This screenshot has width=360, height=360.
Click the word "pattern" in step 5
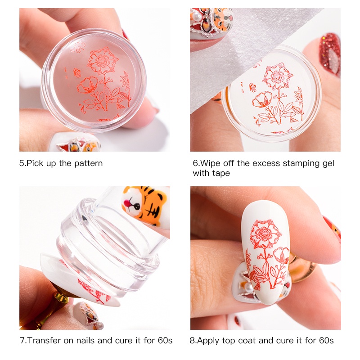click(88, 163)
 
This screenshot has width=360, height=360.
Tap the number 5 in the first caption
click(22, 163)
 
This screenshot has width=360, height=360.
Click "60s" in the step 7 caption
click(165, 340)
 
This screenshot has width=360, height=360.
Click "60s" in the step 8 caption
click(326, 340)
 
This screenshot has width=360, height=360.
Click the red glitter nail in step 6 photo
click(330, 54)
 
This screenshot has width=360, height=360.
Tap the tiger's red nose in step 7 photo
click(126, 202)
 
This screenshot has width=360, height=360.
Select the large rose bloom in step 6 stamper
click(277, 76)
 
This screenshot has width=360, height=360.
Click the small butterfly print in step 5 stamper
click(76, 72)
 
